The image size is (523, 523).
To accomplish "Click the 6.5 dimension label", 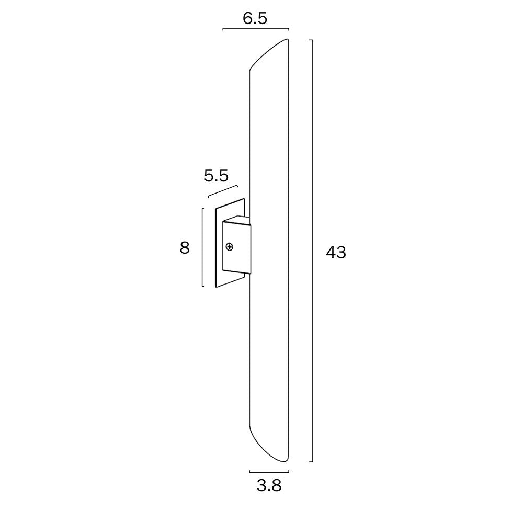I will pos(255,18).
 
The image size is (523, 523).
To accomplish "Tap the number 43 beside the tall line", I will pos(336,253).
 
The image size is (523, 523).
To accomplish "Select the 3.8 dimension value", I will pos(269,486).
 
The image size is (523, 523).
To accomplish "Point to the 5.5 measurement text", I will pos(216,176).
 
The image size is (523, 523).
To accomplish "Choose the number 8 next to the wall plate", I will pos(185,247).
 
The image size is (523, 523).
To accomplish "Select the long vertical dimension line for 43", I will pos(312,251).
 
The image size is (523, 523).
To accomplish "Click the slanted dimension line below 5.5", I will pos(223,191).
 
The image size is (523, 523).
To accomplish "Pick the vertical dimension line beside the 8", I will pos(202,247).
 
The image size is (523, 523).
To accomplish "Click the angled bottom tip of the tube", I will pos(282,461).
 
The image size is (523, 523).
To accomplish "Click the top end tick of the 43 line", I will pos(311,40).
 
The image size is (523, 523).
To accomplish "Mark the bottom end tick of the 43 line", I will pos(311,462).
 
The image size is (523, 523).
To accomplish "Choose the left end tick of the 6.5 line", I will pos(223,29).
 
